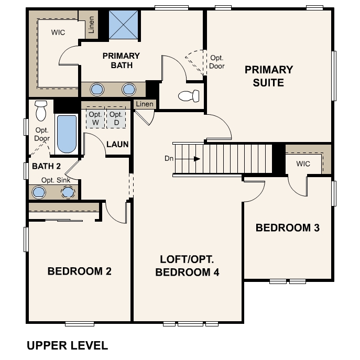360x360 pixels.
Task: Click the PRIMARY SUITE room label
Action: pyautogui.click(x=269, y=76)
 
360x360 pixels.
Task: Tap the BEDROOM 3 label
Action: pyautogui.click(x=288, y=228)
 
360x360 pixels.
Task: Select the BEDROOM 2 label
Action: pyautogui.click(x=80, y=271)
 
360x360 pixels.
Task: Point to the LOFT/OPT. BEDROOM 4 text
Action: pyautogui.click(x=187, y=266)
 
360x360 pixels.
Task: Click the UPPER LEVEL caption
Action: pyautogui.click(x=67, y=345)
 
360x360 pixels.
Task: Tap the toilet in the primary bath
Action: pyautogui.click(x=189, y=96)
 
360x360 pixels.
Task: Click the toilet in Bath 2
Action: pyautogui.click(x=41, y=111)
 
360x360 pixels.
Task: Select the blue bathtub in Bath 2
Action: pyautogui.click(x=67, y=134)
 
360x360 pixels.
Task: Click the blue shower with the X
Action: pyautogui.click(x=124, y=25)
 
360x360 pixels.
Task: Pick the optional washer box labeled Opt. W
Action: pyautogui.click(x=95, y=118)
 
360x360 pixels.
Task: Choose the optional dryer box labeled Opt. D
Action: pyautogui.click(x=116, y=118)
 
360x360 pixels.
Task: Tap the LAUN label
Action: pyautogui.click(x=117, y=144)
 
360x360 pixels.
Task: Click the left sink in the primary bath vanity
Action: pyautogui.click(x=97, y=89)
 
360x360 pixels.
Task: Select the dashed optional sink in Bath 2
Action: pyautogui.click(x=68, y=192)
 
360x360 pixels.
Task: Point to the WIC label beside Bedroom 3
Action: pyautogui.click(x=303, y=163)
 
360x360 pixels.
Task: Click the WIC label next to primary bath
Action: pyautogui.click(x=58, y=32)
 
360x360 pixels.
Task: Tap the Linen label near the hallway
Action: pyautogui.click(x=145, y=104)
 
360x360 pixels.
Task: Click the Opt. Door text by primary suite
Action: pyautogui.click(x=216, y=62)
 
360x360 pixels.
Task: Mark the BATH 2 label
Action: pyautogui.click(x=46, y=166)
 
